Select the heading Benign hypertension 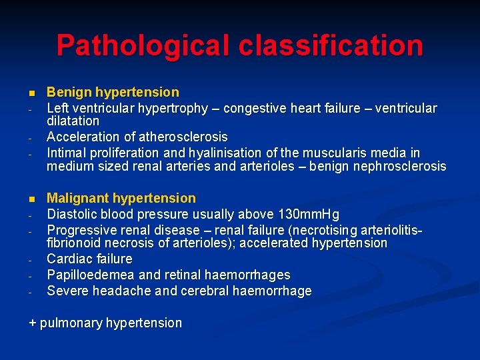tap(113, 92)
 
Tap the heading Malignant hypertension tap(121, 198)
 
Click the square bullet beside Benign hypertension tap(31, 93)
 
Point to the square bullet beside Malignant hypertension tap(31, 199)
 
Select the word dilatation tap(73, 121)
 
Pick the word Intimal tap(67, 153)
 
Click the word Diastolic tap(75, 215)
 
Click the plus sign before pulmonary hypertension tap(32, 323)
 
